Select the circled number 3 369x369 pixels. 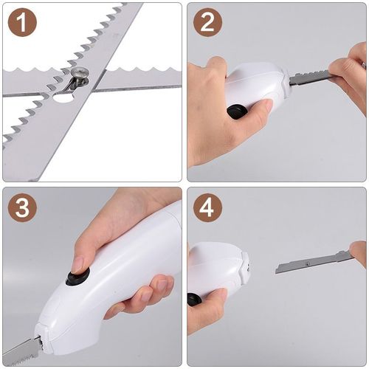point(22,208)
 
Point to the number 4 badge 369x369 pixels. point(207,208)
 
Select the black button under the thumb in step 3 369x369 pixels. point(77,276)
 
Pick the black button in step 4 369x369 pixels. point(194,299)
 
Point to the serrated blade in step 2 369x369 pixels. point(310,77)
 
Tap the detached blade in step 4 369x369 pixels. point(310,262)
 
